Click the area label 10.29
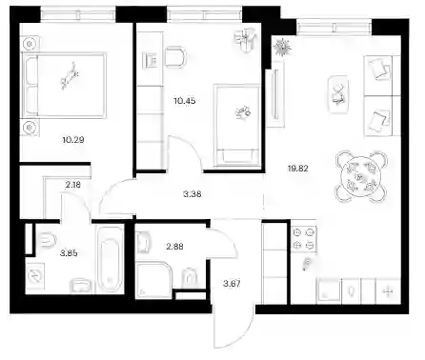click(73, 140)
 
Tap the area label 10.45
click(185, 101)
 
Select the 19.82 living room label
click(298, 169)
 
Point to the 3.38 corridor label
click(192, 194)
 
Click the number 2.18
click(72, 185)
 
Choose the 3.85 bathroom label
click(69, 253)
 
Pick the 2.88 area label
click(174, 247)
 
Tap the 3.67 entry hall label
click(232, 284)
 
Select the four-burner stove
click(304, 239)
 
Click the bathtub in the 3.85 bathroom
click(110, 259)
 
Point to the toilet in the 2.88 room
click(190, 279)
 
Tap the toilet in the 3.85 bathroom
click(48, 240)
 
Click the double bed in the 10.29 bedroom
click(64, 86)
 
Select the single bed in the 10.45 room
click(237, 125)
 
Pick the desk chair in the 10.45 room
click(175, 57)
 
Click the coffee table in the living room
click(338, 95)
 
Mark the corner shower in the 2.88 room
click(153, 280)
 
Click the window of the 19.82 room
click(334, 28)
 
